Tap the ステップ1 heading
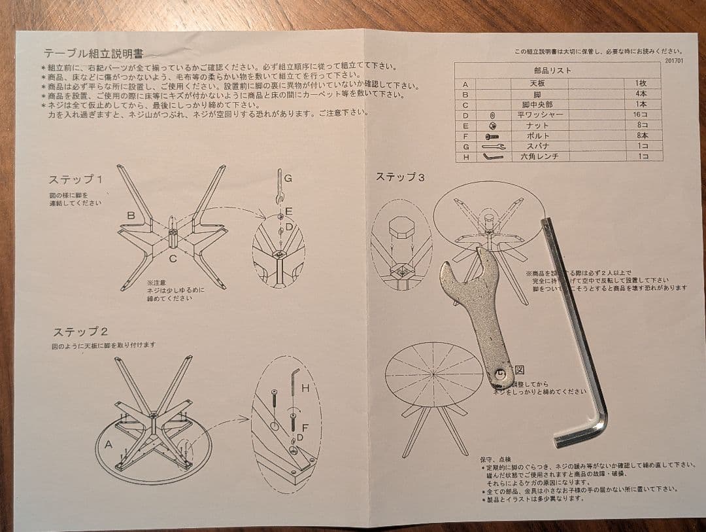(75, 179)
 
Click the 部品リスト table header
(552, 70)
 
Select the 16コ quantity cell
(639, 115)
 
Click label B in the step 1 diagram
(131, 215)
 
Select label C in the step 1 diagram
(173, 258)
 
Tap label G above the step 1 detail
(288, 177)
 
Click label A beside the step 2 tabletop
(108, 444)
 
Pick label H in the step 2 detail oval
(305, 388)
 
